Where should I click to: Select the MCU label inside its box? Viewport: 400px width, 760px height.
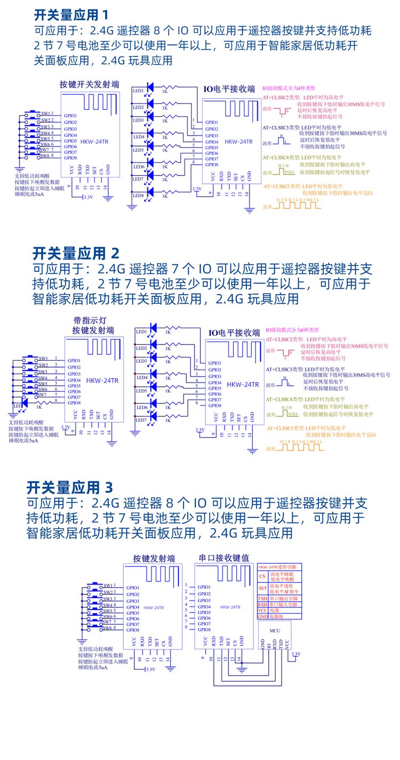click(x=275, y=630)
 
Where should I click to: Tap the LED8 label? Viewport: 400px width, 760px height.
click(x=139, y=196)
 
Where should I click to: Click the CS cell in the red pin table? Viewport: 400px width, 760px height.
click(x=262, y=576)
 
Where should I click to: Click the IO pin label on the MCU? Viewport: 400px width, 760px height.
click(x=268, y=646)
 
